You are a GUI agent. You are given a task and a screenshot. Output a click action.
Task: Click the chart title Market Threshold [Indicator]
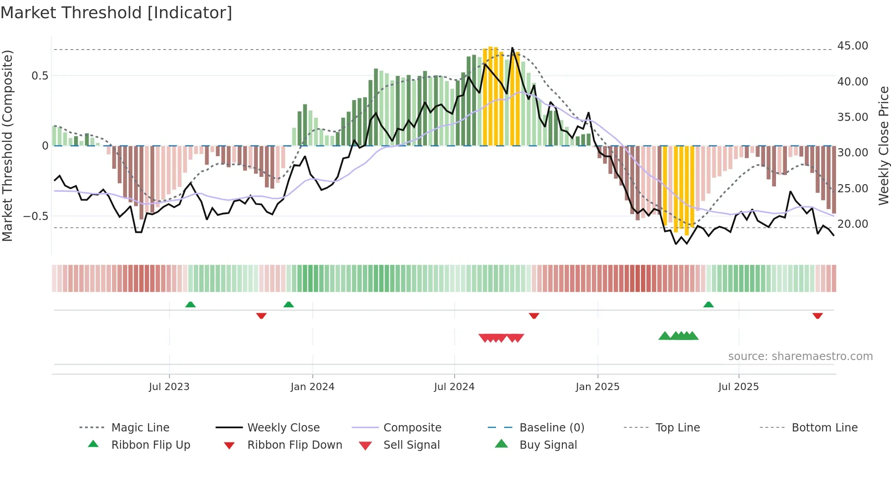[116, 13]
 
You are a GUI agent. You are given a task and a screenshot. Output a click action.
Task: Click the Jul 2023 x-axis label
[169, 387]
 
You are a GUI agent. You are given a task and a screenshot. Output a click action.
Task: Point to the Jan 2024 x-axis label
[312, 387]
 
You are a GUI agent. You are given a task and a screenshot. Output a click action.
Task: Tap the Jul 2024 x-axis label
[454, 387]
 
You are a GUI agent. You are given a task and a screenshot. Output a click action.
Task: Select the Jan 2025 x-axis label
[597, 387]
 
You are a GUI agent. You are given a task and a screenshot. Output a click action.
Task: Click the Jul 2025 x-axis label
[739, 387]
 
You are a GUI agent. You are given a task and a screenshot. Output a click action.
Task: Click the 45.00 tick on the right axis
[852, 46]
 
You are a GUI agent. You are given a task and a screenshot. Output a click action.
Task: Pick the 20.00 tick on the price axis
[852, 224]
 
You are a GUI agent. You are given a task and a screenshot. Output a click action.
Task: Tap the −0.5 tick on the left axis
[36, 216]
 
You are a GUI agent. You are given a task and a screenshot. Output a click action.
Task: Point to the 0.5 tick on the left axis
[40, 76]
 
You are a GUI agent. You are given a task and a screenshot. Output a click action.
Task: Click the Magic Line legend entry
[140, 428]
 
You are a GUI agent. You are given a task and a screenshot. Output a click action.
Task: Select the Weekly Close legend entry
[283, 428]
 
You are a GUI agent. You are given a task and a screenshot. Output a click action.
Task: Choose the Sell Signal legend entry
[411, 445]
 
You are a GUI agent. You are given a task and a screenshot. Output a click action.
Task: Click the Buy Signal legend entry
[548, 445]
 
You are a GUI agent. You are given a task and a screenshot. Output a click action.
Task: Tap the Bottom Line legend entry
[824, 428]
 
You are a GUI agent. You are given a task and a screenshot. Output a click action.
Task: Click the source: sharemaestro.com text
[800, 356]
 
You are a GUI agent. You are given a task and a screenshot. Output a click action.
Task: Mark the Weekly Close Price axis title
[883, 145]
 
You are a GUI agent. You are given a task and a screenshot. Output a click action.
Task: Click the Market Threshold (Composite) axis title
[7, 145]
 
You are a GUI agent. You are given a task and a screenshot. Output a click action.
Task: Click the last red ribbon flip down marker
[817, 316]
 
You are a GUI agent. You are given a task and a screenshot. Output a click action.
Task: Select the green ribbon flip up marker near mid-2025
[708, 305]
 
